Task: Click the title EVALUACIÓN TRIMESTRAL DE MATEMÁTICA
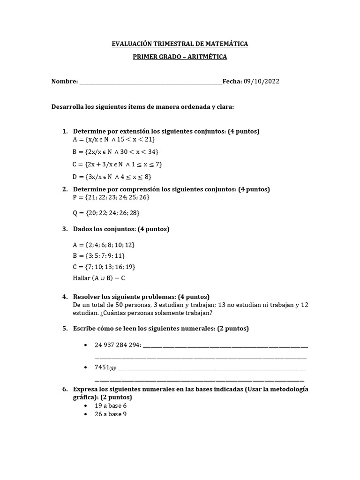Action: [x=180, y=44]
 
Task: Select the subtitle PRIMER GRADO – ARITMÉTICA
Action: [x=180, y=57]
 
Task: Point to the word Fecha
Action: [x=232, y=82]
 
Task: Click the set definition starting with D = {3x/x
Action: [x=112, y=177]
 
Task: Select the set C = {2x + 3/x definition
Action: [x=117, y=164]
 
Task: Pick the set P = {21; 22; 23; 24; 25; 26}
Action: [x=111, y=197]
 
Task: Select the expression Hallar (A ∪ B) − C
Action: [x=99, y=278]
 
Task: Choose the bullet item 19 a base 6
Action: [x=111, y=405]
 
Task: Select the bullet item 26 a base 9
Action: [x=111, y=414]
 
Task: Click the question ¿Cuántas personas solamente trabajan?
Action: [x=167, y=313]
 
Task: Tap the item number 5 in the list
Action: [x=65, y=329]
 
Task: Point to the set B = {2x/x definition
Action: [x=115, y=152]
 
